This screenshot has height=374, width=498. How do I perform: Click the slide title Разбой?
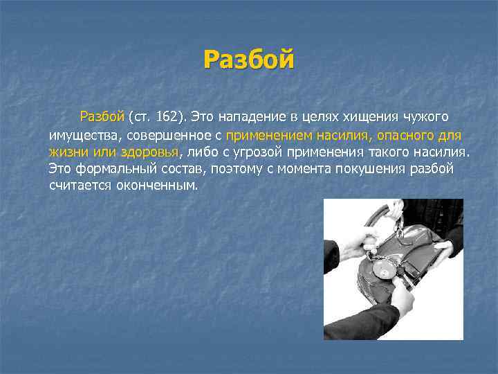click(249, 60)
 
